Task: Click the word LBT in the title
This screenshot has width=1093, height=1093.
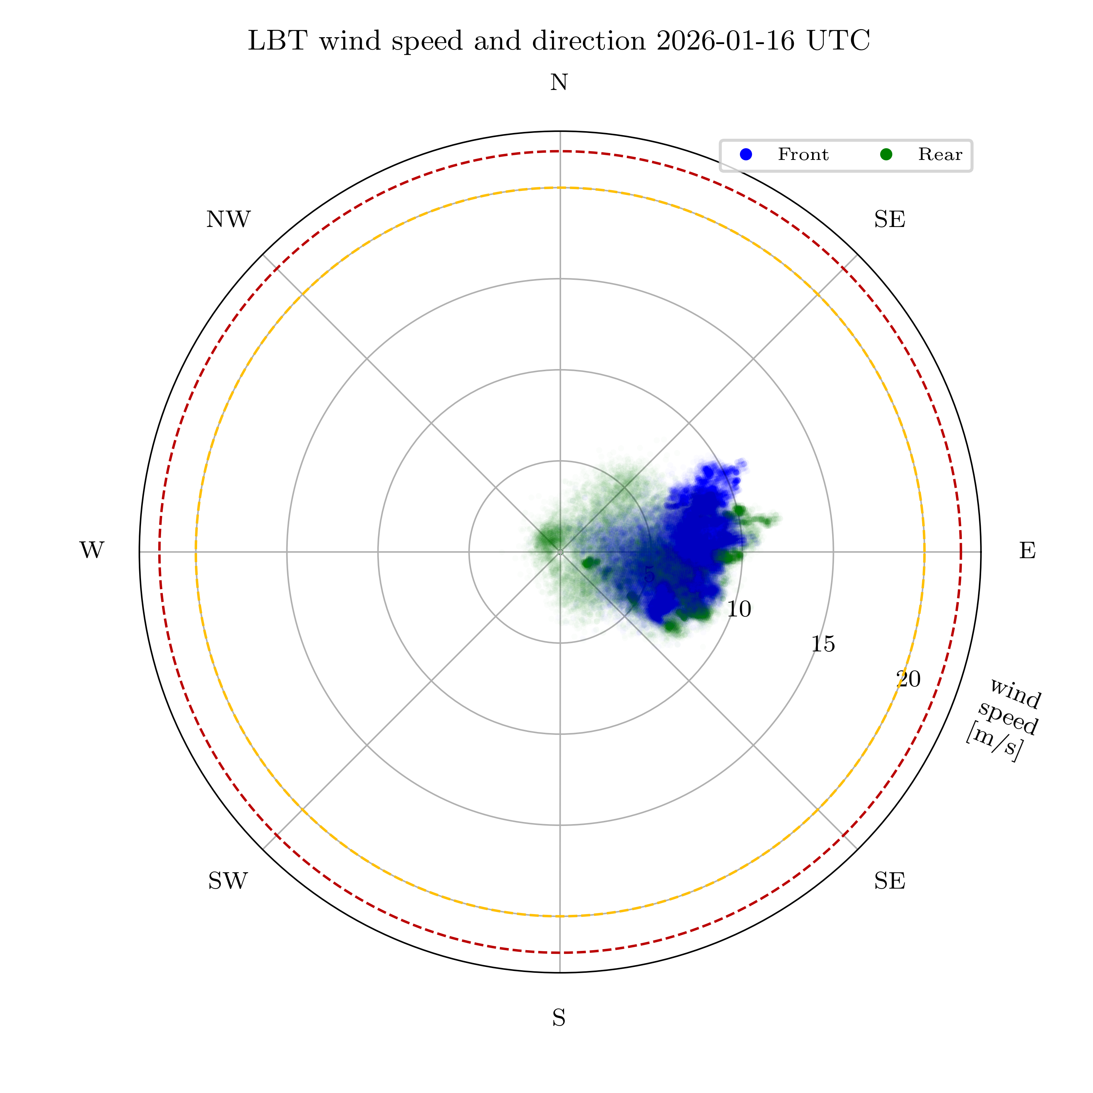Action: click(x=277, y=41)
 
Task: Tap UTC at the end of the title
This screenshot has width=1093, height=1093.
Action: click(x=838, y=41)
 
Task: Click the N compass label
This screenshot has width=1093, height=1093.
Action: click(x=559, y=83)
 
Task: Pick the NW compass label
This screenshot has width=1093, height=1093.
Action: click(x=228, y=219)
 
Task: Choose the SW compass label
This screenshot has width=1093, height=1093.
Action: click(x=228, y=881)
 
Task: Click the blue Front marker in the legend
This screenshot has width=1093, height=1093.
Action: click(x=746, y=154)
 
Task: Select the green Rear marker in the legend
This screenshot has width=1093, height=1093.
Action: click(x=886, y=154)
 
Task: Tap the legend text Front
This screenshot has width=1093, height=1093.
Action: click(x=803, y=154)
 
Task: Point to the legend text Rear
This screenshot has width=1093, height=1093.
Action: click(x=940, y=154)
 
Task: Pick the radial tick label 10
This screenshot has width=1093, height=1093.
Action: click(x=739, y=609)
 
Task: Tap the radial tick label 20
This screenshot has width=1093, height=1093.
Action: click(x=909, y=679)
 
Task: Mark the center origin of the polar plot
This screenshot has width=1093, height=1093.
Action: click(x=560, y=552)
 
